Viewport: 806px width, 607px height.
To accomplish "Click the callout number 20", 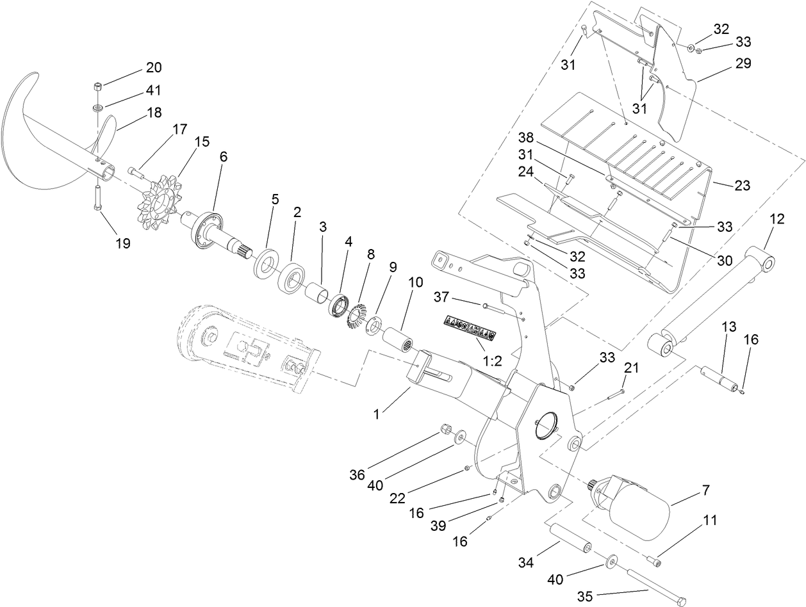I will (154, 68).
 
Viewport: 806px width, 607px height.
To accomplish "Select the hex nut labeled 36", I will (445, 429).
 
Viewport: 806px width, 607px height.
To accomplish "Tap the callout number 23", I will (743, 186).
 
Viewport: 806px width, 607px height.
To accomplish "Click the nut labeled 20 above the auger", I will (99, 86).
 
